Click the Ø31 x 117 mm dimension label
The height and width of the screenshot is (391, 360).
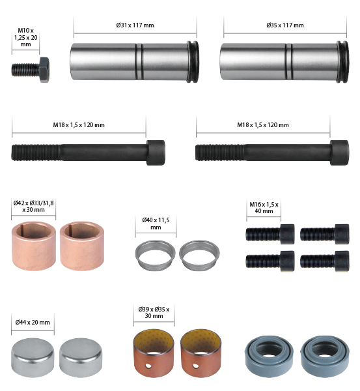tap(135, 25)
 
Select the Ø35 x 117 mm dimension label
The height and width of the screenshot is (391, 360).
tap(284, 25)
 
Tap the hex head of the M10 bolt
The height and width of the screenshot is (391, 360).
tap(44, 70)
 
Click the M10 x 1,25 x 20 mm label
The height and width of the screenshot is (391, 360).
tap(25, 37)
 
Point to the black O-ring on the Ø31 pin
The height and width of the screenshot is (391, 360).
tap(193, 62)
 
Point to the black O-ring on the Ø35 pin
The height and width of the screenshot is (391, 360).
tap(343, 62)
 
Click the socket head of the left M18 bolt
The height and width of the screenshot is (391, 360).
tap(156, 152)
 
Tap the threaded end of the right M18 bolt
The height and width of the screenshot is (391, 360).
tap(219, 152)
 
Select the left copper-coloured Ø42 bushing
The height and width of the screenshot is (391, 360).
tap(34, 246)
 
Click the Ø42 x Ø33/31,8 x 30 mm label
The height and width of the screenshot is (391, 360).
tap(33, 206)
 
